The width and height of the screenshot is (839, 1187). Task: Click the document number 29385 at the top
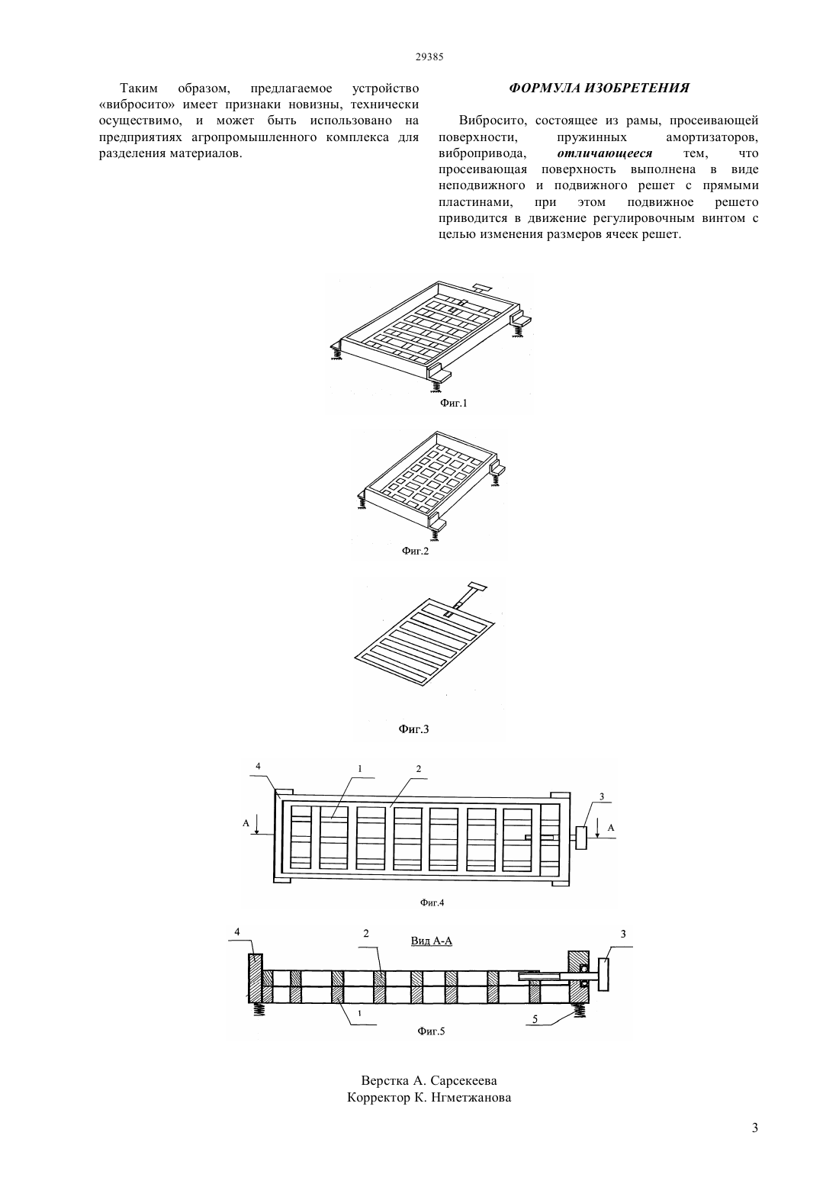click(x=429, y=57)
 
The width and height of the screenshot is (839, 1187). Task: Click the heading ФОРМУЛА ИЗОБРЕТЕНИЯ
click(x=599, y=88)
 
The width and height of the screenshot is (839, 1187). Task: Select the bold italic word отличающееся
click(x=605, y=153)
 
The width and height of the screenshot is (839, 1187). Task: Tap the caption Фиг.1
click(x=453, y=403)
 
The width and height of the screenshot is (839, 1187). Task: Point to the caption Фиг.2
click(x=415, y=551)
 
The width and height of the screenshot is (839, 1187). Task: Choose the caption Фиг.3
click(x=413, y=729)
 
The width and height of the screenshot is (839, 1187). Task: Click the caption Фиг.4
click(x=432, y=902)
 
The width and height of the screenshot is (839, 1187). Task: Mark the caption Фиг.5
click(x=431, y=1031)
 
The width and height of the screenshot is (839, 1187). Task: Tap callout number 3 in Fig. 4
click(x=602, y=796)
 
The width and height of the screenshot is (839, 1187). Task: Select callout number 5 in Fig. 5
click(x=535, y=1019)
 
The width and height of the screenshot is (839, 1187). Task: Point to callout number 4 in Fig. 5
click(x=237, y=931)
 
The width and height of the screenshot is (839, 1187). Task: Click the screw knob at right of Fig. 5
click(x=603, y=974)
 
